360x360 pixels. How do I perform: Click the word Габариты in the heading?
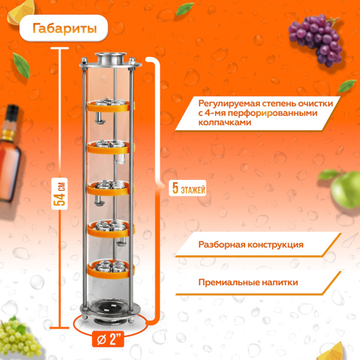coord(65,29)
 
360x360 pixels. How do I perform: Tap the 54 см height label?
coord(59,194)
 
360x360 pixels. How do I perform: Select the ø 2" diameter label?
coord(108,339)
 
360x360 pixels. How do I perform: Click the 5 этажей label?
coord(187,188)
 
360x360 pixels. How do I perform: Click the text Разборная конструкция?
coord(251,245)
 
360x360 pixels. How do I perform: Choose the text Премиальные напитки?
coord(248,282)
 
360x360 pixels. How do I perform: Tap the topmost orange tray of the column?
coord(109,106)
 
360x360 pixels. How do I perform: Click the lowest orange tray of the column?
coord(110,271)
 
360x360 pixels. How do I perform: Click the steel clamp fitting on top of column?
coord(110,58)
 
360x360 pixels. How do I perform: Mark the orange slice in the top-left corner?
coord(21,12)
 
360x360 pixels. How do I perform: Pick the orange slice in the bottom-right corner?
coord(331,352)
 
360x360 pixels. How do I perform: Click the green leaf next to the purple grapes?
coord(347,85)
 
